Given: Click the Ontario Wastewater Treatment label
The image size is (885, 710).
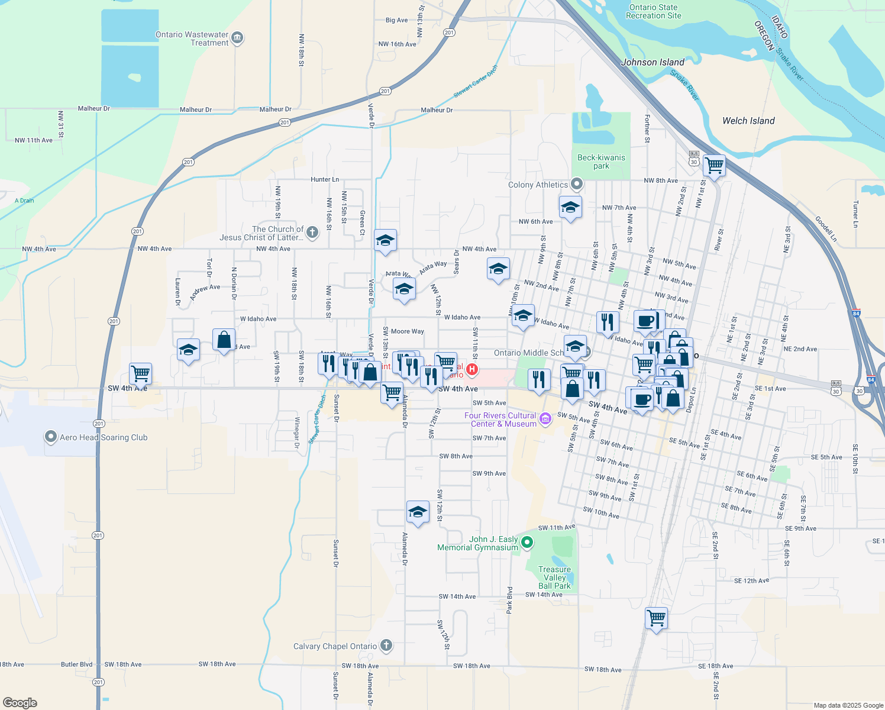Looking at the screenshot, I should click(x=192, y=38).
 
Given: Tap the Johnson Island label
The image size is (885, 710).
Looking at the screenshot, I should click(x=653, y=62).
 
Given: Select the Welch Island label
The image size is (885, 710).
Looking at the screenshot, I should click(x=748, y=121).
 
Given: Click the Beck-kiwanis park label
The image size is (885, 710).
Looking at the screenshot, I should click(x=601, y=162).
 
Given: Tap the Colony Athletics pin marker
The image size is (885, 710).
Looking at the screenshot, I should click(x=577, y=184).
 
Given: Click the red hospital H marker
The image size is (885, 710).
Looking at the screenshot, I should click(x=472, y=370).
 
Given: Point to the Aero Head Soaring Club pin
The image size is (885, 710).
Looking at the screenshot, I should click(x=51, y=437).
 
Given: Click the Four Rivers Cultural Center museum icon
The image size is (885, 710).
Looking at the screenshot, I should click(x=545, y=419).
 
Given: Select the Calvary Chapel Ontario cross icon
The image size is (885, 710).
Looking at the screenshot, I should click(x=386, y=646).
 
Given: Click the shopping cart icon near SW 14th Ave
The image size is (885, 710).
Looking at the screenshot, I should click(x=657, y=618).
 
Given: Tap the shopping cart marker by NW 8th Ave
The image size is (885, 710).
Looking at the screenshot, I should click(x=714, y=165).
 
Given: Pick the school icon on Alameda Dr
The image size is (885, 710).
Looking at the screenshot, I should click(x=418, y=512).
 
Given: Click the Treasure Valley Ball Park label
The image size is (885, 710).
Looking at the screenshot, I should click(x=554, y=577).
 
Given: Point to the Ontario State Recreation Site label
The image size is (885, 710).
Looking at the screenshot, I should click(x=653, y=12).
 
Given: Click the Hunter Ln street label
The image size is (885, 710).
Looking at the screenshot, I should click(x=325, y=179).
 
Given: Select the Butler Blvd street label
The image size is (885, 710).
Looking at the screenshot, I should click(x=77, y=664).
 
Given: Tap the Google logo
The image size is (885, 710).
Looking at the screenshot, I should click(x=20, y=702).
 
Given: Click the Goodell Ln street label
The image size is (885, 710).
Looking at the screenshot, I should click(x=826, y=229).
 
